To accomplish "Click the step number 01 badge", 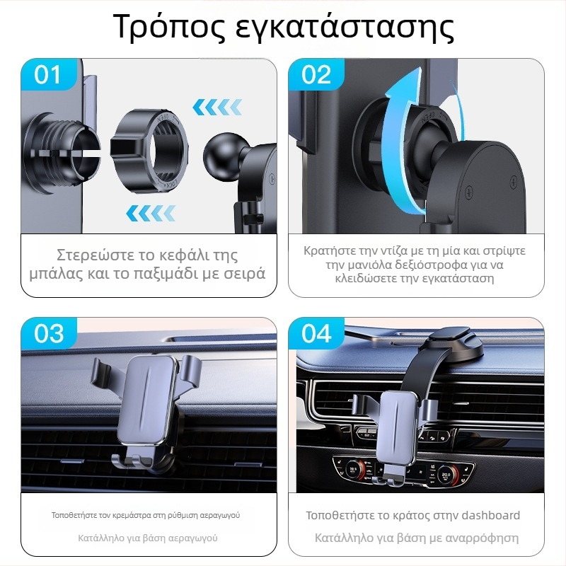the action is click(48, 75).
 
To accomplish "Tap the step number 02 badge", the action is click(316, 75).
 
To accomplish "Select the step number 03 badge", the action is click(48, 333).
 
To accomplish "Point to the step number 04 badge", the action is click(316, 333).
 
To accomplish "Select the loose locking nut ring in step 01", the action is click(149, 151).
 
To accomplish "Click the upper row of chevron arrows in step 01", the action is click(217, 108).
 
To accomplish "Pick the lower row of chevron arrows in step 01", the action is click(151, 213).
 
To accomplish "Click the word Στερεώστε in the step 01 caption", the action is click(96, 255).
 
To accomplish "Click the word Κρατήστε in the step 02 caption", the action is click(327, 250).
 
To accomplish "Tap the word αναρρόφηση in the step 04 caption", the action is click(483, 538).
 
